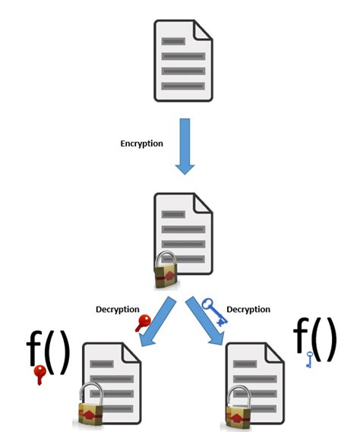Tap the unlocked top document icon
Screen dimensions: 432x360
point(184,61)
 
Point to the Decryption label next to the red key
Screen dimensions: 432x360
point(118,309)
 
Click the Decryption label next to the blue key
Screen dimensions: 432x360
point(249,309)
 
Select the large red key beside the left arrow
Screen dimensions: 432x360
point(144,323)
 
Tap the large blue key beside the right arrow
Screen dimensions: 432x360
point(213,311)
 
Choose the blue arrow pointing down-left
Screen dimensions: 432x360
point(159,321)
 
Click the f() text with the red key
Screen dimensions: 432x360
point(48,352)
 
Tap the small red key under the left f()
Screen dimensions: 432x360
point(39,375)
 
